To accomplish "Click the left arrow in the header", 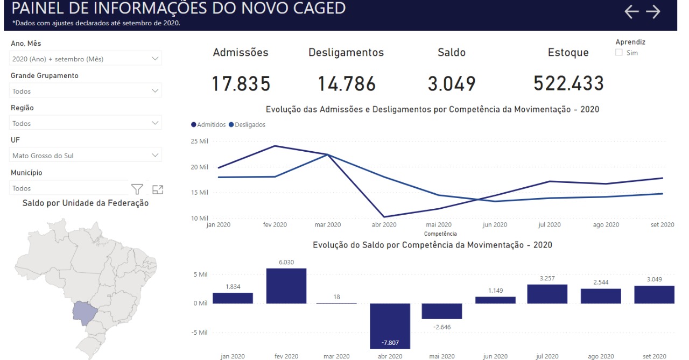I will (631, 12).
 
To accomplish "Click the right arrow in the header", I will (653, 12).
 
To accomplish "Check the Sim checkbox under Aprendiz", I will (619, 53).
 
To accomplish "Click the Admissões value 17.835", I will (241, 84).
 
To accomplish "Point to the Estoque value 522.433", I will (568, 84).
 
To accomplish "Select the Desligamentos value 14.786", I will (346, 84).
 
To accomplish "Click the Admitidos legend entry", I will (208, 124).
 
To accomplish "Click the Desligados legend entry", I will (247, 124).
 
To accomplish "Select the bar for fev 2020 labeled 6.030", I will (286, 286).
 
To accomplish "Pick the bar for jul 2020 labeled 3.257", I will (547, 294).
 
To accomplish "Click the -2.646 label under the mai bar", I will (441, 326).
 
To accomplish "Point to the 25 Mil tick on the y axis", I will (200, 142).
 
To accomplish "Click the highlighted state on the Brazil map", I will (84, 313).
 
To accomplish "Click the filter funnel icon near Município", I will (137, 189).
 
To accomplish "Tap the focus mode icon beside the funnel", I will (158, 189).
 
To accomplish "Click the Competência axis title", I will (440, 234).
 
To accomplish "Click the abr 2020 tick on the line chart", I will (384, 225).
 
